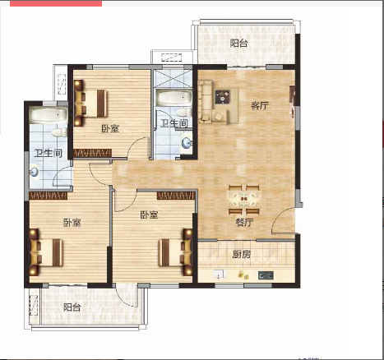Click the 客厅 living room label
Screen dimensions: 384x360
coord(260,105)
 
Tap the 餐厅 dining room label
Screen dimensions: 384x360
coord(244,222)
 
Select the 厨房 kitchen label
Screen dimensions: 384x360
coord(242,254)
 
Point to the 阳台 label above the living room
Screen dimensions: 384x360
coord(238,43)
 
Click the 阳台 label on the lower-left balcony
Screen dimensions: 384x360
coord(72,307)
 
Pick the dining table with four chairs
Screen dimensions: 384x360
coord(244,200)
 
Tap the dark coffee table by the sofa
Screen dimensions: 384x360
coord(222,97)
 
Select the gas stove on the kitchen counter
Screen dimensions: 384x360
coord(266,275)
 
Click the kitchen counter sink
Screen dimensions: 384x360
coord(220,274)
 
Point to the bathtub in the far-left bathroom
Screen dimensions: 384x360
coord(49,115)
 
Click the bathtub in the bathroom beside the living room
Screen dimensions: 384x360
coord(174,98)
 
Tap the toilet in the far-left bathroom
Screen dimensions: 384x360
coord(59,133)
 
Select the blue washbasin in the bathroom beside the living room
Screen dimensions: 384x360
coord(187,143)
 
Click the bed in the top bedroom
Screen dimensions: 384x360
coord(90,104)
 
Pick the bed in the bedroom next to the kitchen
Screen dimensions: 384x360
coord(175,252)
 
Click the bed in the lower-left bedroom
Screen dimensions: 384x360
coord(46,252)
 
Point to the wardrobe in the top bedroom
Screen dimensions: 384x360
coord(93,153)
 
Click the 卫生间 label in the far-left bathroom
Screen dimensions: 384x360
coord(49,153)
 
